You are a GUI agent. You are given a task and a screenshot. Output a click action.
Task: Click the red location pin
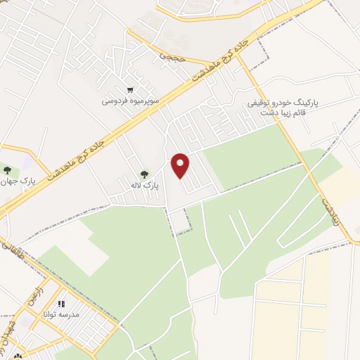181,165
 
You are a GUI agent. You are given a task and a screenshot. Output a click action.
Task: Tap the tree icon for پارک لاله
144,174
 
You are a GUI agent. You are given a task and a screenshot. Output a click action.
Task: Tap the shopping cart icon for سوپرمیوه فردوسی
130,89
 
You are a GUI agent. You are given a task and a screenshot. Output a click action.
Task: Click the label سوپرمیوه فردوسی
130,101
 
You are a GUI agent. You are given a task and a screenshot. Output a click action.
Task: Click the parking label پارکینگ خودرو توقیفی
283,102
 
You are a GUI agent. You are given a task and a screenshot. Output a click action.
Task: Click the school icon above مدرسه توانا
60,304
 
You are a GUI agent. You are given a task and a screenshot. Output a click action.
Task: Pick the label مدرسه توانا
61,315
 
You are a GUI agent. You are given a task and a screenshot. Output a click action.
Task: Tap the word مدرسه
72,315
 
